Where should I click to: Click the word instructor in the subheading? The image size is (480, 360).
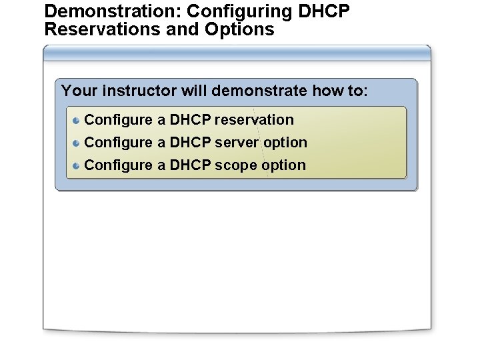140,91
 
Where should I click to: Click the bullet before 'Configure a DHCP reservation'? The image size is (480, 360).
77,120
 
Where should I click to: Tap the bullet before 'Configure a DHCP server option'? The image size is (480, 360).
77,143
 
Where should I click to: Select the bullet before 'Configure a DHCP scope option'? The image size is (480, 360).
77,165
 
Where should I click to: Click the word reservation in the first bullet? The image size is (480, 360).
254,120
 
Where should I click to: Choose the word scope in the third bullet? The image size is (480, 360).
236,165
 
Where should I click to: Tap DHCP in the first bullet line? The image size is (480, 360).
191,120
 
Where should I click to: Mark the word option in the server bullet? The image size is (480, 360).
285,143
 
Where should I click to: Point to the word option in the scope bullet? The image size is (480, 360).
284,165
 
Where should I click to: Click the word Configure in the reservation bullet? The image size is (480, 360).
119,120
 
